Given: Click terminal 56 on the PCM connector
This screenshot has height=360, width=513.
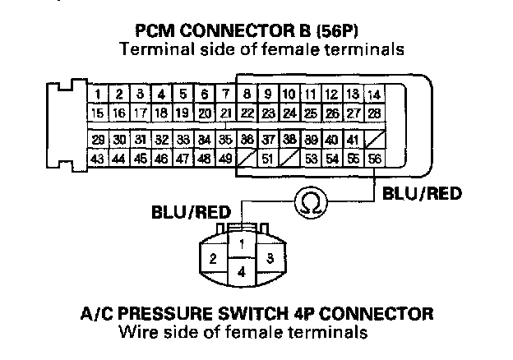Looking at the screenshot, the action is click(x=375, y=157).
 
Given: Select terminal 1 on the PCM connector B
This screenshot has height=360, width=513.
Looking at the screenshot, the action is click(x=98, y=95).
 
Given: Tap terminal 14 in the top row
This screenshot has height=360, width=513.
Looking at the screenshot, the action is click(x=374, y=95).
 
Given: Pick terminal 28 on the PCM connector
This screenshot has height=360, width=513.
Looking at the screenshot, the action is click(x=374, y=112).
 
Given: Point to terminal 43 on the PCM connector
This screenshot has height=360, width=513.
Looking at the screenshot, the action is click(x=98, y=157).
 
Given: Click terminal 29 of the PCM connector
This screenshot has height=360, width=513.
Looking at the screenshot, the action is click(x=98, y=140).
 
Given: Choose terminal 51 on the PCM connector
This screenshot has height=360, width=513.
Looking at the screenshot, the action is click(x=266, y=157).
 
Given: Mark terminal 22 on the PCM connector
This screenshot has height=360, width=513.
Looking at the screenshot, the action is click(x=246, y=112).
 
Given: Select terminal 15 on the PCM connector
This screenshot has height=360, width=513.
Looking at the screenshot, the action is click(x=98, y=112).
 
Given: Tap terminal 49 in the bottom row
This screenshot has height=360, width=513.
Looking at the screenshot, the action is click(x=224, y=157).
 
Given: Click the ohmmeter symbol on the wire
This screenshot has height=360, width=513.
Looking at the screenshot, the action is click(x=314, y=199).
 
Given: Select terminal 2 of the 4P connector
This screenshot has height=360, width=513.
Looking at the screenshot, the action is click(x=213, y=258).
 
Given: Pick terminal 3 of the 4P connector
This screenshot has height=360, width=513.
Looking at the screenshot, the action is click(x=269, y=258).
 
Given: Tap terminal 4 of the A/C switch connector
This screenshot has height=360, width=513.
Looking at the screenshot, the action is click(x=241, y=270).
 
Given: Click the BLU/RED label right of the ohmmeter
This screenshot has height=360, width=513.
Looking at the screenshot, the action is click(x=419, y=195).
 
